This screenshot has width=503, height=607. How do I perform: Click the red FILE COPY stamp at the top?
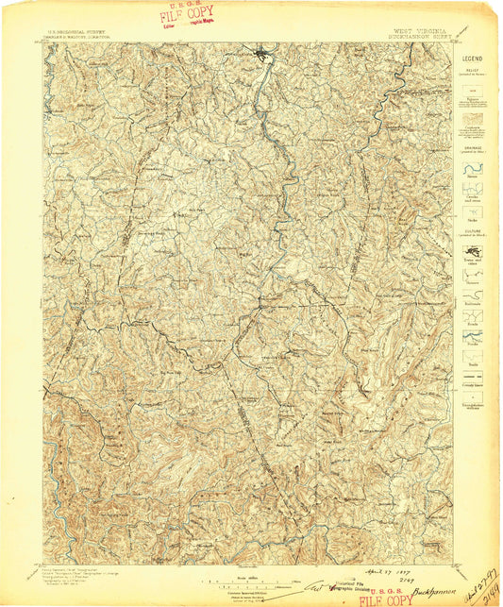(187, 16)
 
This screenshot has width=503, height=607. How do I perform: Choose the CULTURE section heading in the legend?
(472, 229)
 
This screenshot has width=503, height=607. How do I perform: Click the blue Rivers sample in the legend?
(472, 167)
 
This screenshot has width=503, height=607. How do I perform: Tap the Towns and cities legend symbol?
(472, 253)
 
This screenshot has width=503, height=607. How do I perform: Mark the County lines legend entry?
(472, 382)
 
